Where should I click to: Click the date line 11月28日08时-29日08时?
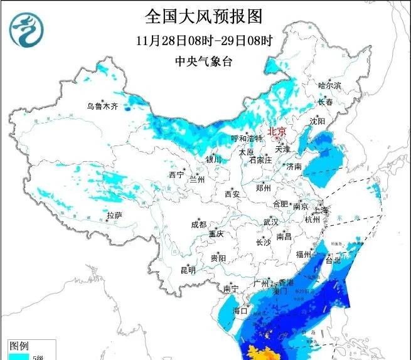(203, 41)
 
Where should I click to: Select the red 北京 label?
(276, 131)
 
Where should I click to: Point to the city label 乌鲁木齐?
(102, 107)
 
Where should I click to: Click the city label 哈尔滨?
(329, 85)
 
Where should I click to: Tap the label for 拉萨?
(114, 215)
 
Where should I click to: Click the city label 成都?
(199, 225)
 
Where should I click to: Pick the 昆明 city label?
(188, 270)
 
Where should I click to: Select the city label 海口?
(241, 311)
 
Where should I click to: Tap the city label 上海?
(321, 210)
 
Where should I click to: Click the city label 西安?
(232, 194)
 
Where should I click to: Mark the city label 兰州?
(198, 179)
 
